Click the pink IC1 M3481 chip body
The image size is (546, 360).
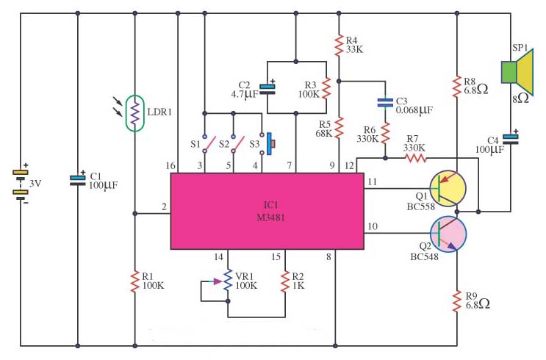pyautogui.click(x=267, y=211)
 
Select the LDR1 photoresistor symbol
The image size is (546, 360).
pyautogui.click(x=134, y=113)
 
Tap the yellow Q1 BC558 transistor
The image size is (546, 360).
pyautogui.click(x=448, y=188)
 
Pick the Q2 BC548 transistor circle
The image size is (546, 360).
pyautogui.click(x=448, y=234)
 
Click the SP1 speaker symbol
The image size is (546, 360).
pyautogui.click(x=517, y=73)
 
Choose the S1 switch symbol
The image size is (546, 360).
pyautogui.click(x=209, y=144)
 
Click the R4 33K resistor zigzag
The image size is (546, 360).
pyautogui.click(x=339, y=46)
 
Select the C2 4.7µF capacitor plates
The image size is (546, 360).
pyautogui.click(x=267, y=90)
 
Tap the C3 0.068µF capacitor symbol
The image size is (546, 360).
pyautogui.click(x=385, y=102)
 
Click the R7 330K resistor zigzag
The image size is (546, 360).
pyautogui.click(x=415, y=159)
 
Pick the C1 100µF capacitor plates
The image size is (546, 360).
pyautogui.click(x=77, y=180)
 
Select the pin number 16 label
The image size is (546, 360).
pyautogui.click(x=170, y=166)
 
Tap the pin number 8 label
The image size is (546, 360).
pyautogui.click(x=328, y=257)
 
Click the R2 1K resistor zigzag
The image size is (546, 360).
pyautogui.click(x=285, y=281)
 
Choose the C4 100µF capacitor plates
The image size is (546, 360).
pyautogui.click(x=511, y=140)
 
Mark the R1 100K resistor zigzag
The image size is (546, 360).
pyautogui.click(x=134, y=281)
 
